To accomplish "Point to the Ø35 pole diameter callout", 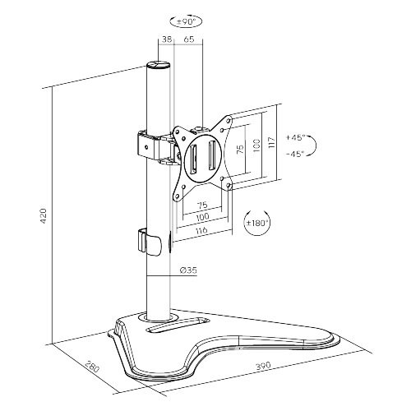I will (187, 270).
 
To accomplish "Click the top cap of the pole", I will (157, 64).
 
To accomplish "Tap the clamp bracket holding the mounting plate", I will (148, 145).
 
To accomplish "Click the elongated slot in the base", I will (177, 327).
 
